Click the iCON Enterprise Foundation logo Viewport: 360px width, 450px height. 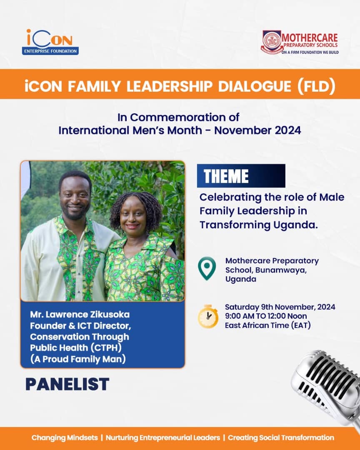point(50,42)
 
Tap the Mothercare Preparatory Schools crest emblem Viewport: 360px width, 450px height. point(272,42)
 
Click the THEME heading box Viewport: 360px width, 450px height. point(241,176)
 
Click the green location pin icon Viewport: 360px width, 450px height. point(207,268)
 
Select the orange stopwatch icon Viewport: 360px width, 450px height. point(208,316)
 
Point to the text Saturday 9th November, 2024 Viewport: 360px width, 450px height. point(280,307)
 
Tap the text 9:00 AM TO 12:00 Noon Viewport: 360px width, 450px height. point(266,316)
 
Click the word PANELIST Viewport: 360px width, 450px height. point(67,384)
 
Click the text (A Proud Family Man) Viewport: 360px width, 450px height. point(78,358)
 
